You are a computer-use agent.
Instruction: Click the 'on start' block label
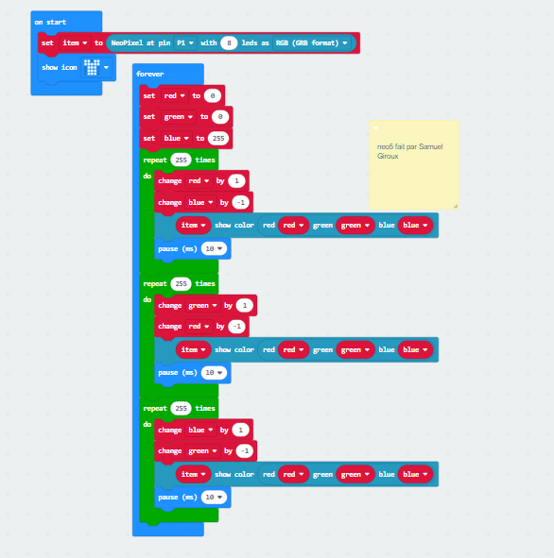tap(50, 22)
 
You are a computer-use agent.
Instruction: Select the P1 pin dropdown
tap(185, 43)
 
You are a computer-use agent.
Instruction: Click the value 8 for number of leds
tap(229, 43)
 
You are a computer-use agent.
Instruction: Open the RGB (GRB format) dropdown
tap(311, 43)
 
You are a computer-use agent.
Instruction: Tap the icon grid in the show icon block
tap(92, 67)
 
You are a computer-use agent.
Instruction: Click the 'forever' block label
tap(150, 74)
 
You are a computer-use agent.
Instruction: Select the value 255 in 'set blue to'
tap(218, 138)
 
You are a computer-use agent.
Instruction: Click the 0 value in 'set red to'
tap(213, 95)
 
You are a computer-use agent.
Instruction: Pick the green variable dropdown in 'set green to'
tap(179, 117)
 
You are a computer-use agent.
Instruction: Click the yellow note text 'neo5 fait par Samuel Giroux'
tap(409, 151)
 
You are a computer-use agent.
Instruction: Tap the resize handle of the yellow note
tap(456, 206)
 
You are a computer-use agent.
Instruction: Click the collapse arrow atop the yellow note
tap(375, 127)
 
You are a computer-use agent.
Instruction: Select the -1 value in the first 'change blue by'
tap(241, 202)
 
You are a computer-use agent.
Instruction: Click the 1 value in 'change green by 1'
tap(245, 305)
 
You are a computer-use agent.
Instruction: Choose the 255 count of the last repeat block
tap(181, 408)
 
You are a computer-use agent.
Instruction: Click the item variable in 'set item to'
tap(75, 43)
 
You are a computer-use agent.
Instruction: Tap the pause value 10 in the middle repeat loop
tap(214, 373)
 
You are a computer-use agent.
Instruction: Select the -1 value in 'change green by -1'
tap(245, 451)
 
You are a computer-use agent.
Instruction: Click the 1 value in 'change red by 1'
tap(236, 180)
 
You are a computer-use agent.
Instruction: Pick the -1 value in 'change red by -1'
tap(237, 327)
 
